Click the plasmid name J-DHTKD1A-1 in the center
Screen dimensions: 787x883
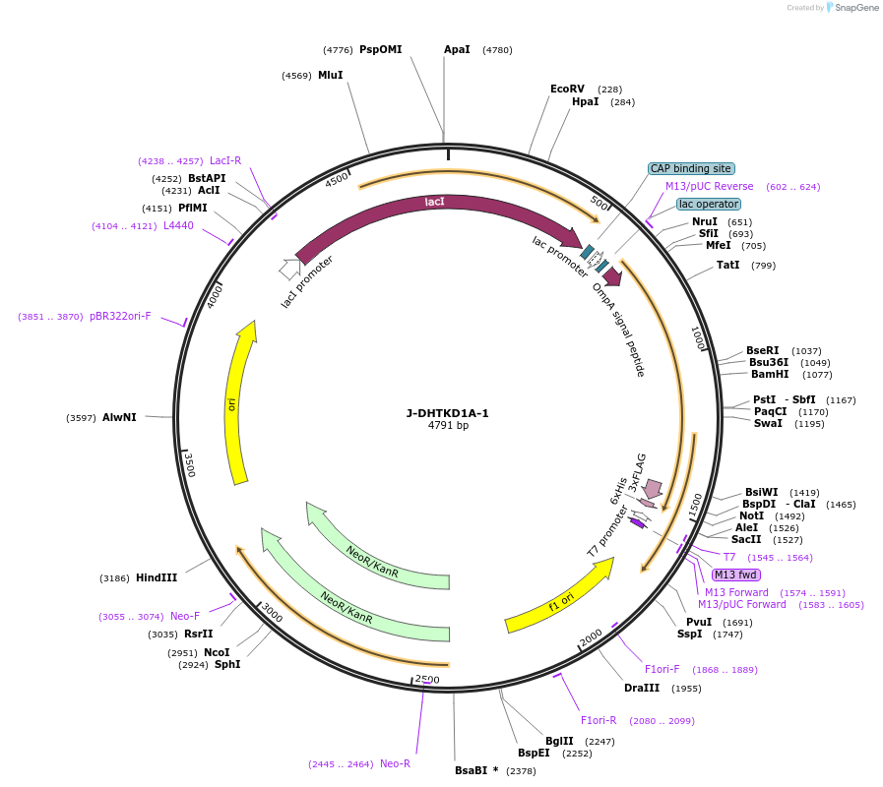[447, 413]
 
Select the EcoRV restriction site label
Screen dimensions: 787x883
[567, 89]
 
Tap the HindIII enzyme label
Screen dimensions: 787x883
[156, 577]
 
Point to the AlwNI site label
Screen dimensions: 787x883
[119, 417]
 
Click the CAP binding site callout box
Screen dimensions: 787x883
[691, 168]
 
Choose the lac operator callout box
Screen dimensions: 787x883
[709, 204]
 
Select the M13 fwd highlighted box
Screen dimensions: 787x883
[735, 575]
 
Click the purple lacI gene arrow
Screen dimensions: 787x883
[433, 205]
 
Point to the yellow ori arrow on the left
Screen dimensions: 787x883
[237, 403]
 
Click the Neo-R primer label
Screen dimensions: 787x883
[395, 763]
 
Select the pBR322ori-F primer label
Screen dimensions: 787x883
[120, 316]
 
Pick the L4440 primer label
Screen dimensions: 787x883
[178, 225]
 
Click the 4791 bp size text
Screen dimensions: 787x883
[448, 426]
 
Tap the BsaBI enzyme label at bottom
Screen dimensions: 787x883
[476, 770]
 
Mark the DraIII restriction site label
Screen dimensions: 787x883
[642, 688]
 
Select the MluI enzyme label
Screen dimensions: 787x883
[331, 75]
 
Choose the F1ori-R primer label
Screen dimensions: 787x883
[599, 720]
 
